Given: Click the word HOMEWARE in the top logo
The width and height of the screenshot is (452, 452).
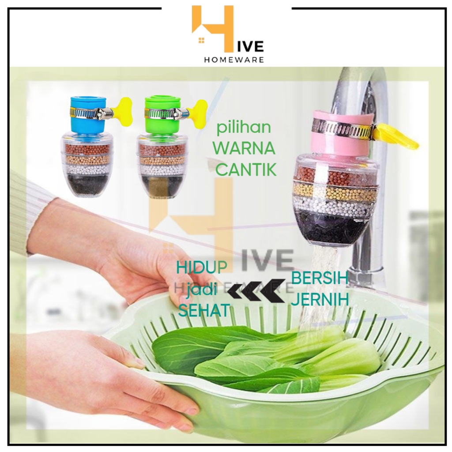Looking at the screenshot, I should click(234, 60).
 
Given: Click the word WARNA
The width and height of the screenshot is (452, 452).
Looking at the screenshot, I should click(244, 149).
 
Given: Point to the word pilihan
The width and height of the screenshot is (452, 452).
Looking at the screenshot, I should click(243, 128).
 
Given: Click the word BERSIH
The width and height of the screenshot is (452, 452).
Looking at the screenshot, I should click(320, 279).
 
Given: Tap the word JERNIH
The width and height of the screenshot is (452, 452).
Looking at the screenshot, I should click(320, 299).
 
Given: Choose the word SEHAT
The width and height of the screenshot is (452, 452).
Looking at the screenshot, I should click(204, 311).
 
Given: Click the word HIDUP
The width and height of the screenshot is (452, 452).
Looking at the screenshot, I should click(202, 267).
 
